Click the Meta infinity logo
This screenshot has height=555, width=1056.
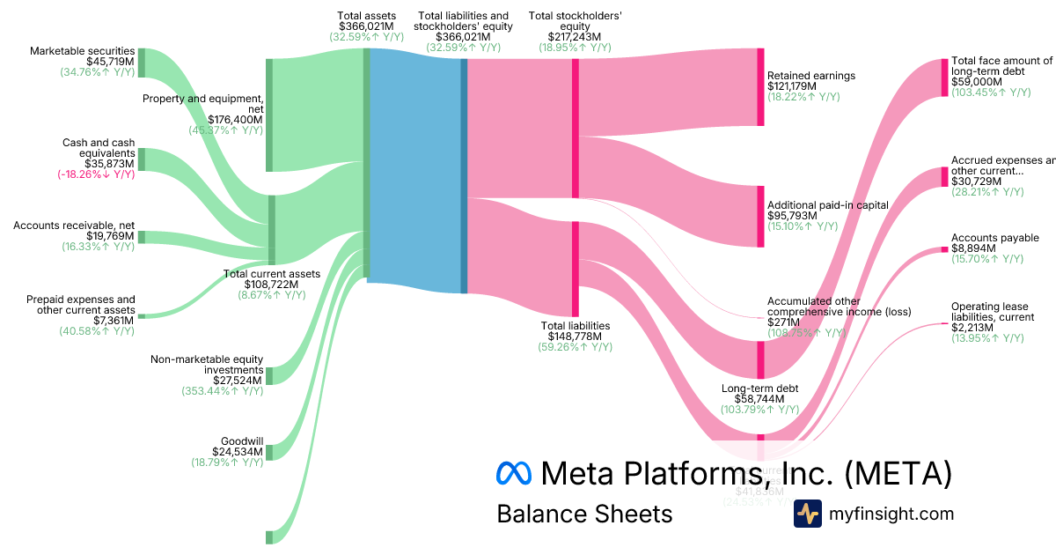click(x=515, y=473)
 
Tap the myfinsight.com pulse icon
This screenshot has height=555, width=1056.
click(x=807, y=514)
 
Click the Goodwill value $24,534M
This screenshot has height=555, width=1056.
click(x=238, y=451)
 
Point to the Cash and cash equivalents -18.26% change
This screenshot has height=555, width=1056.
click(x=98, y=174)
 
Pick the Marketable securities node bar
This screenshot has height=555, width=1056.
click(x=141, y=63)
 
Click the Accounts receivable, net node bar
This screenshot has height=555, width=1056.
click(x=141, y=237)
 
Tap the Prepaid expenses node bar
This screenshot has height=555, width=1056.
click(x=141, y=315)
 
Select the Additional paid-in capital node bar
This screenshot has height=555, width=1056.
click(x=760, y=217)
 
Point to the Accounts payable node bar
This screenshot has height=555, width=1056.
click(x=944, y=249)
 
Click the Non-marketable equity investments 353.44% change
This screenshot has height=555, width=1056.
click(x=222, y=391)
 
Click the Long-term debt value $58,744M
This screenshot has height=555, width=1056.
click(x=760, y=399)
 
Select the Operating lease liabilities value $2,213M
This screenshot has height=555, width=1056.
click(x=972, y=328)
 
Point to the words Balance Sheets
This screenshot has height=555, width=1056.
click(x=584, y=514)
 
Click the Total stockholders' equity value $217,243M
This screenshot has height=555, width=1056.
click(x=575, y=37)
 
